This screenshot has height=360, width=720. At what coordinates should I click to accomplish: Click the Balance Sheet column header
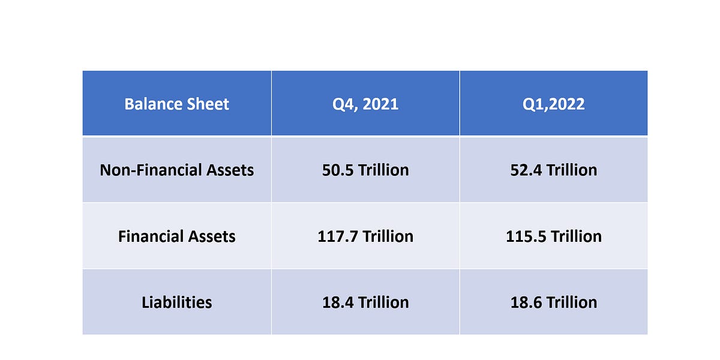pos(176,104)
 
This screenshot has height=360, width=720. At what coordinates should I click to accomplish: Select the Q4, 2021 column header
pos(365,104)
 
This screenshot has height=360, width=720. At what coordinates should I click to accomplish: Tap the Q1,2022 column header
pos(554,104)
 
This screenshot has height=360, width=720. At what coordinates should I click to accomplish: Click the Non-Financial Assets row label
pos(176,170)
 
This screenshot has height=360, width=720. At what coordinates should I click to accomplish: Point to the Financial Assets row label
pos(176,236)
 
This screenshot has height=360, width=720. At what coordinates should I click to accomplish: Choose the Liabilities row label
pos(176,302)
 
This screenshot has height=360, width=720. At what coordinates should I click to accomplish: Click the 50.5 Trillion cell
pos(365,170)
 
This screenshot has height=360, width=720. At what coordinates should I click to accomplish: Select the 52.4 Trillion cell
pos(554,170)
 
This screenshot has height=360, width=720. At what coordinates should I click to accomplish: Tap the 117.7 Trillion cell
pos(365,236)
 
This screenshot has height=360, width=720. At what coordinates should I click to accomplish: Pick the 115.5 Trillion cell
pos(554,236)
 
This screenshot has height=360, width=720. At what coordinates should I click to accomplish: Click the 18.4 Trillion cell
pos(365,302)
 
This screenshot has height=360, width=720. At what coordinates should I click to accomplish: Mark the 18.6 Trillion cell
pos(554,302)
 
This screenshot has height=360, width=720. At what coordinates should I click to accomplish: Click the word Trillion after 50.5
pos(383,170)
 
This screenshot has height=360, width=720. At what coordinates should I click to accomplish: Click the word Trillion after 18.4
pos(383,302)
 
